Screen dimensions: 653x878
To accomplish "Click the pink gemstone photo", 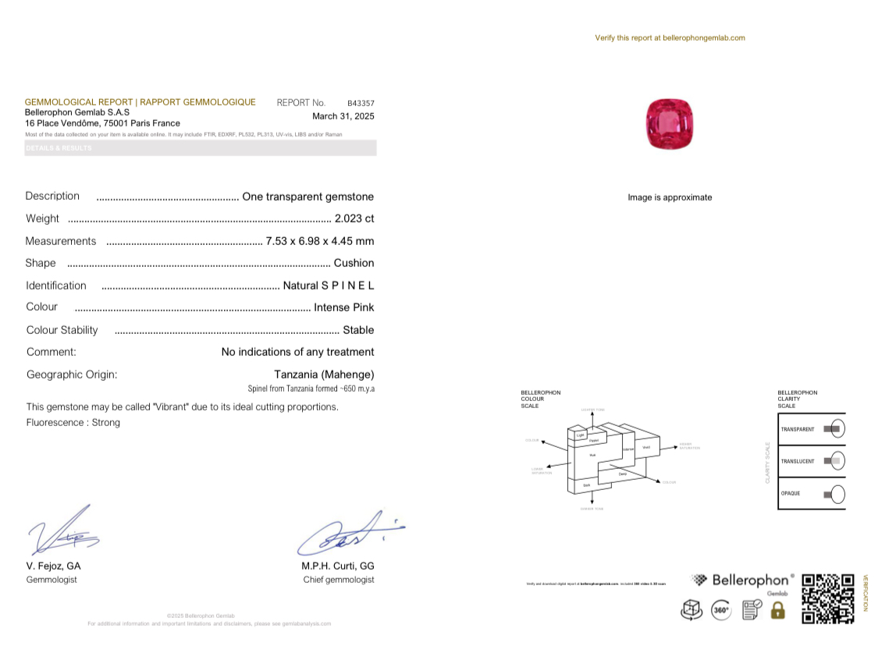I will point(670,124).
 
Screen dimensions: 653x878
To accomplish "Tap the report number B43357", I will point(361,103).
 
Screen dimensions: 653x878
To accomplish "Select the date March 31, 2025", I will point(343,116).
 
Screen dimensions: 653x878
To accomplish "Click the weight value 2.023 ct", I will point(354,218).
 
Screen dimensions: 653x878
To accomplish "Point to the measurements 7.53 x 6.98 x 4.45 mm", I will point(320,241).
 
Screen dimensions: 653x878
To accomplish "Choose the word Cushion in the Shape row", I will point(354,263).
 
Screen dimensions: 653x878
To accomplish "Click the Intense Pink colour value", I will point(344,307).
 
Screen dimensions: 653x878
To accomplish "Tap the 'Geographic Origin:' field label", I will point(72,374).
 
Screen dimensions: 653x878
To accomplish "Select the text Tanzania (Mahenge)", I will point(324,374).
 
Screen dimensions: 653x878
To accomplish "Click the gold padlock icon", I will point(777,610).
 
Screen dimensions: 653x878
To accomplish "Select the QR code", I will point(828,599).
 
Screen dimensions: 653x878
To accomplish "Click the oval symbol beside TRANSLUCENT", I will point(834,461).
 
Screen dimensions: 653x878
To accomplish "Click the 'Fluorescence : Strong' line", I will point(73,423).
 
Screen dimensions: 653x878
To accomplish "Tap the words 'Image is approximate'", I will point(670,197).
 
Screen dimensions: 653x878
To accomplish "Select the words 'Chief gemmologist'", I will point(339,580).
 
